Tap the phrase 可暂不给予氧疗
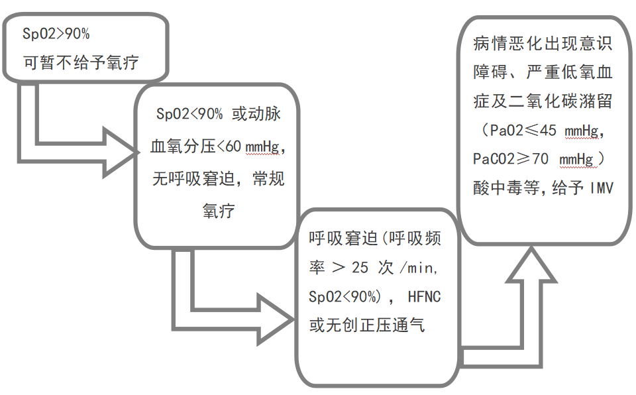[x=81, y=63]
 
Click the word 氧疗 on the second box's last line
[x=219, y=211]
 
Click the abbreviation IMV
[x=601, y=188]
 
